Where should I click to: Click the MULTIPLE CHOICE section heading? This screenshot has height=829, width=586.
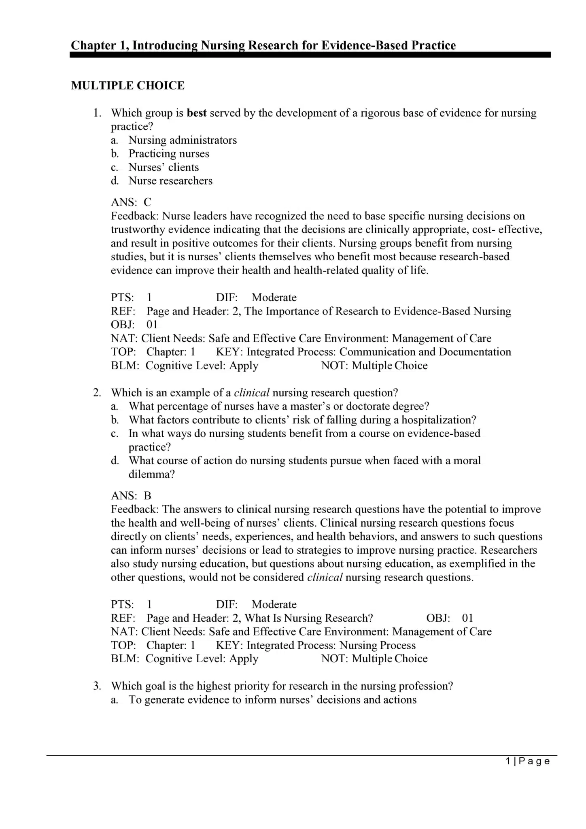[x=127, y=86]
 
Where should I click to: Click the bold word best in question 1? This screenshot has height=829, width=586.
[x=197, y=113]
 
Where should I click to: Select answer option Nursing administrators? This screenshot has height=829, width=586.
[x=183, y=140]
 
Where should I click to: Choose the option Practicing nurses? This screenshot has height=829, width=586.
[x=169, y=154]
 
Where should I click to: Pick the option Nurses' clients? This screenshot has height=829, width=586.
[x=163, y=167]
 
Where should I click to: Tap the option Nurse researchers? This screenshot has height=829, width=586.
[x=170, y=181]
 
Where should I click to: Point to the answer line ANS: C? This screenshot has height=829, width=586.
[x=131, y=202]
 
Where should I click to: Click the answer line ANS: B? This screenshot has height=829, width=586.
[x=131, y=496]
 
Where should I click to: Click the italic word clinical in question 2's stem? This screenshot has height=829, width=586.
[x=252, y=393]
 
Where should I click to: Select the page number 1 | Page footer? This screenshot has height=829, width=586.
[x=528, y=761]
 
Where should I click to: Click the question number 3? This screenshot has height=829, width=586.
[x=97, y=686]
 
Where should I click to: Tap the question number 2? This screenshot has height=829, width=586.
[x=97, y=393]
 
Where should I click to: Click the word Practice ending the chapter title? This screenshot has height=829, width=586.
[x=433, y=45]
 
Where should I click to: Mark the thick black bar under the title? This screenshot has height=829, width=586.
[x=310, y=55]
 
